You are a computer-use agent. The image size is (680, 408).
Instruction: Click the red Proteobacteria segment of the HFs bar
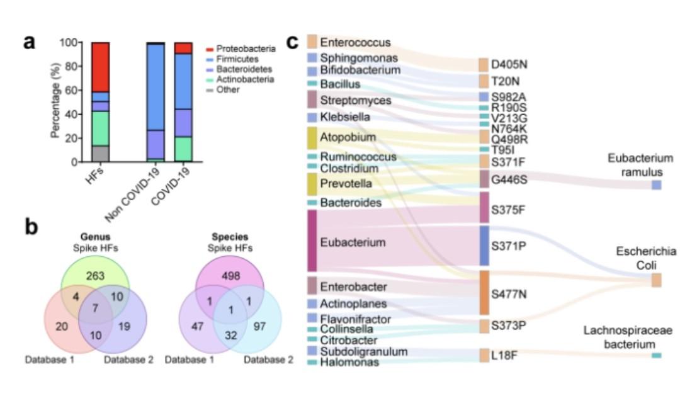click(x=100, y=67)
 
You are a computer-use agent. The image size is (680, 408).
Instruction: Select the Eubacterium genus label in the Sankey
click(x=353, y=242)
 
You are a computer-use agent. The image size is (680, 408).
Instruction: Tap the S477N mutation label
click(x=509, y=293)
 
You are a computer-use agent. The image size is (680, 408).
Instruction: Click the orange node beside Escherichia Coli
click(x=656, y=280)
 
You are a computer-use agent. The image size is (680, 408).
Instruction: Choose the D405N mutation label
click(x=509, y=64)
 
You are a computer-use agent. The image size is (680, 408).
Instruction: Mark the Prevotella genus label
click(x=346, y=184)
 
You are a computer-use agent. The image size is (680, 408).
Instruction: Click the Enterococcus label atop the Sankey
click(x=355, y=42)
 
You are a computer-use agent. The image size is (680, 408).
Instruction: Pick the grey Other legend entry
click(x=227, y=90)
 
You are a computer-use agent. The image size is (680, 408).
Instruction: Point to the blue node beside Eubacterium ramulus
click(x=656, y=185)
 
